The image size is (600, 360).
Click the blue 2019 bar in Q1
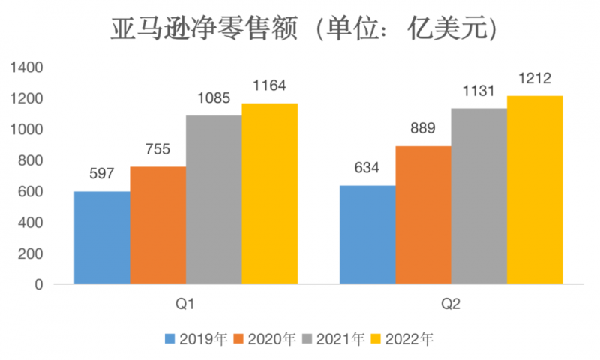[102, 238]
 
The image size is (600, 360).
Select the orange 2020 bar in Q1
[157, 225]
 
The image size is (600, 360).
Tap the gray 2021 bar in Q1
[214, 199]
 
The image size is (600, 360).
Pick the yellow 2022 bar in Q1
[269, 193]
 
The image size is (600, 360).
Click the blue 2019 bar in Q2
[367, 235]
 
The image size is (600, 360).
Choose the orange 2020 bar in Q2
[423, 215]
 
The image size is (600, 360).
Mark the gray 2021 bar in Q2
[478, 196]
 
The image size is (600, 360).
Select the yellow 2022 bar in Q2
[534, 190]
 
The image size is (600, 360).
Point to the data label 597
[102, 174]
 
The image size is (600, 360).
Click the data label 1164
[269, 85]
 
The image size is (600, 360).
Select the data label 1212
[534, 78]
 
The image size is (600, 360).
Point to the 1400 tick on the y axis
[28, 67]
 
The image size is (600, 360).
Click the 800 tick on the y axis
[31, 160]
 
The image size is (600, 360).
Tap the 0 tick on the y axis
[39, 285]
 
